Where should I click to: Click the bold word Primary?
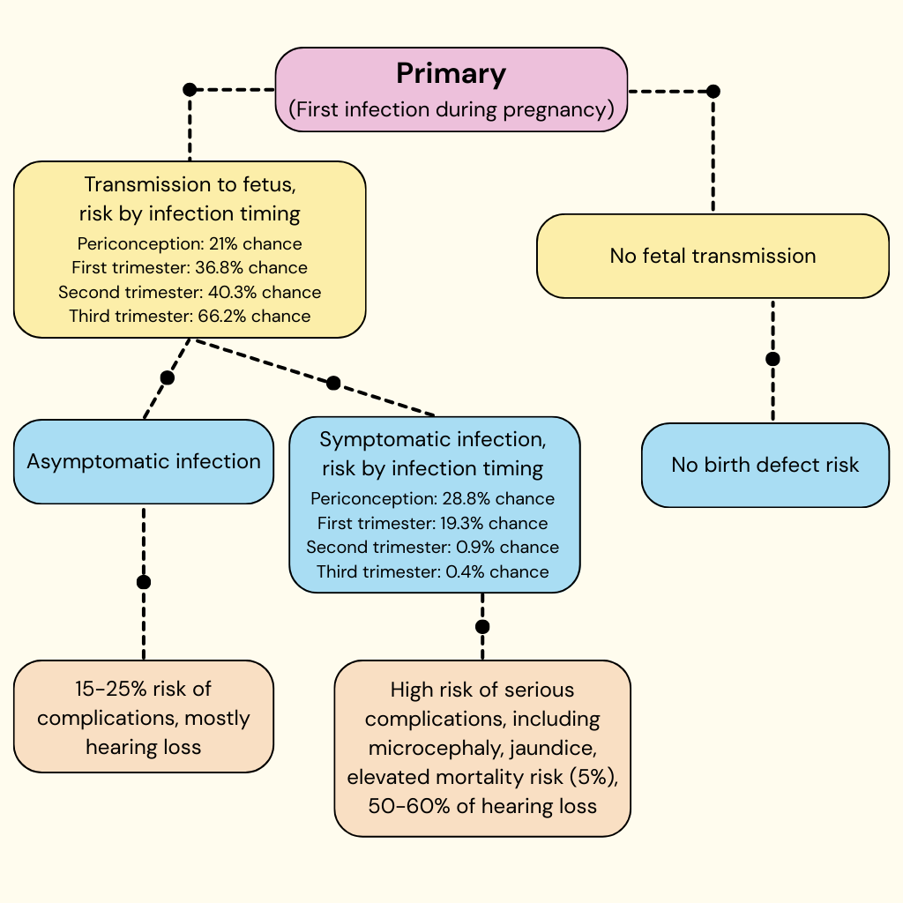[451, 73]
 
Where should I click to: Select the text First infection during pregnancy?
[451, 110]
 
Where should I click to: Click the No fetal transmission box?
[713, 256]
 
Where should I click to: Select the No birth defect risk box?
[765, 465]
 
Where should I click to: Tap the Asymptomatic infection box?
[144, 461]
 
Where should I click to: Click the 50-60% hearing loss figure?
[407, 806]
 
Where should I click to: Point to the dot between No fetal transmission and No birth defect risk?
[772, 359]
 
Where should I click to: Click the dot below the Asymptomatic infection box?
[144, 582]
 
